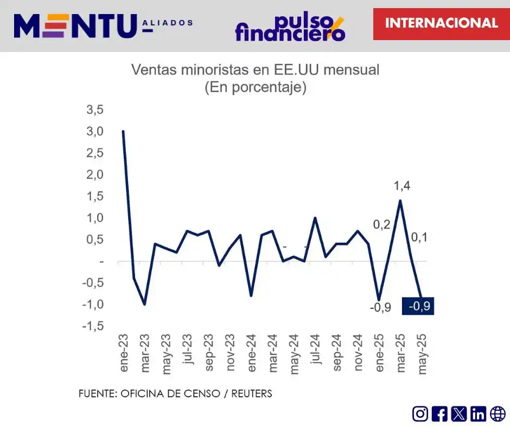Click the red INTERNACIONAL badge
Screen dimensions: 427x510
(x=441, y=23)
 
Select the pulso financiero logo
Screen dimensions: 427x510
(x=290, y=27)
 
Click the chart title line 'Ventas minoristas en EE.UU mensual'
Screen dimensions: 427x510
(x=255, y=70)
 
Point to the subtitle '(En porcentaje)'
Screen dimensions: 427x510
(x=255, y=87)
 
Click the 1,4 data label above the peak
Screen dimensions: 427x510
(x=402, y=186)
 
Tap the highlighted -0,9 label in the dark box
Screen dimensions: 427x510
(x=418, y=306)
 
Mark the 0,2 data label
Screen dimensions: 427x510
(x=381, y=225)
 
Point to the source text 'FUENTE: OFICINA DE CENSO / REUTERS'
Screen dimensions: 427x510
(x=175, y=394)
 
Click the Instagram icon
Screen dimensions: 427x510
(x=420, y=414)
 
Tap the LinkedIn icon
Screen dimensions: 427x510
(x=478, y=414)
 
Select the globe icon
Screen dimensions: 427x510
(x=498, y=414)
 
